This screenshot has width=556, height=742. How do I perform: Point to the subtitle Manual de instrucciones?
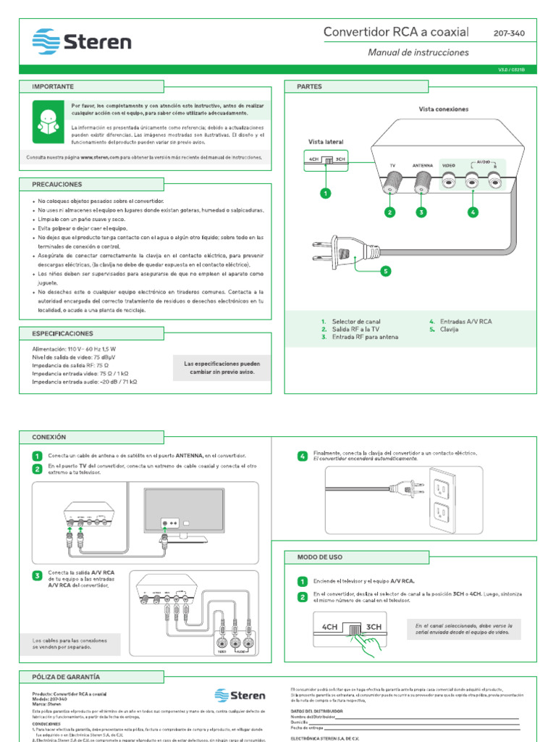click(418, 52)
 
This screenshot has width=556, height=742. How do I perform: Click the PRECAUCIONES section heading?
click(57, 185)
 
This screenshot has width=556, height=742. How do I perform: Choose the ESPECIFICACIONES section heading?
click(62, 333)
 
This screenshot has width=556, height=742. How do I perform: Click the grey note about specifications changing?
click(222, 367)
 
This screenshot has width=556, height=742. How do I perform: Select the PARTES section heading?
click(309, 86)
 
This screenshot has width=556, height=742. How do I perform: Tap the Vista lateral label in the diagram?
click(326, 142)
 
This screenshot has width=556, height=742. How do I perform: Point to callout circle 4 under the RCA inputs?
click(473, 212)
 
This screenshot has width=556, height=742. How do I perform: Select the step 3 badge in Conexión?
click(37, 576)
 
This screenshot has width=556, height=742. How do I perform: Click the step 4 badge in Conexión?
click(303, 456)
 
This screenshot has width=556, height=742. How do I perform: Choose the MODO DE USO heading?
click(320, 557)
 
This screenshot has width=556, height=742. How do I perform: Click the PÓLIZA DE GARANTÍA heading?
click(66, 676)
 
